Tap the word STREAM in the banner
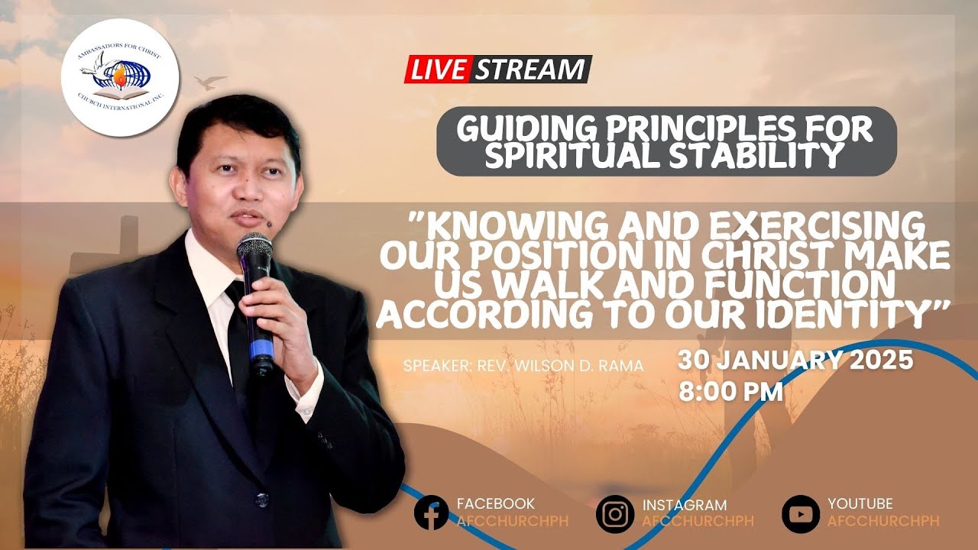coord(529,70)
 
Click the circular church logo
coord(120,77)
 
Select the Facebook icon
coord(431,513)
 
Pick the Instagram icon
coord(615,513)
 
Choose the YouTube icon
coord(800,513)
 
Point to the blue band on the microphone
coord(261,351)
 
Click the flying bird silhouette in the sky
coord(210,82)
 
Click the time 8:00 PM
coord(730,392)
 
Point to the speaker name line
coord(523,366)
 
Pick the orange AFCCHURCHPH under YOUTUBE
coord(883,521)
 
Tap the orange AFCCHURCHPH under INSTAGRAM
coord(698,521)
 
